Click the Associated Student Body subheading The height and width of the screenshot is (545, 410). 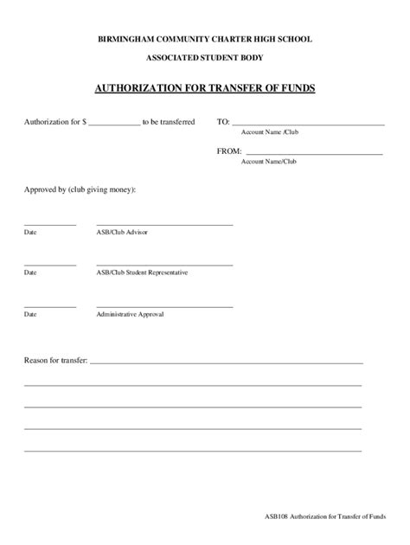(x=205, y=58)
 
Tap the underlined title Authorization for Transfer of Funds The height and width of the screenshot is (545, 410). (x=205, y=88)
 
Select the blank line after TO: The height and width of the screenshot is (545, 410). (x=308, y=125)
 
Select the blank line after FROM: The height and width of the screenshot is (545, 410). (x=314, y=153)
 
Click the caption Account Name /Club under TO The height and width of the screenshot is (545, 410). (x=269, y=133)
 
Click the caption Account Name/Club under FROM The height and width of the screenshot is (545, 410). (x=268, y=162)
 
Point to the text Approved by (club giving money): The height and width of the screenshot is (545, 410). (x=80, y=189)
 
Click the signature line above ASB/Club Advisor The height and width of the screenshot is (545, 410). (x=164, y=224)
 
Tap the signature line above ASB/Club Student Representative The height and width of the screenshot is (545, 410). (x=164, y=265)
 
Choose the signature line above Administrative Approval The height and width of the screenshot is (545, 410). (x=164, y=306)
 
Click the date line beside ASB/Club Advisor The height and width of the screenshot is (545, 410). (x=50, y=224)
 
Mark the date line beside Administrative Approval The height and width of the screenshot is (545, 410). (x=50, y=306)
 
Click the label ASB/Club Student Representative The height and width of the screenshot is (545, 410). (x=142, y=272)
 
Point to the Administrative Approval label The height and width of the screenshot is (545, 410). (x=130, y=314)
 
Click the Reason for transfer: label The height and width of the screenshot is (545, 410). (x=55, y=359)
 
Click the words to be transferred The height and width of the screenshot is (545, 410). (x=169, y=123)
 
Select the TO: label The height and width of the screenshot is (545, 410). (x=222, y=123)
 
